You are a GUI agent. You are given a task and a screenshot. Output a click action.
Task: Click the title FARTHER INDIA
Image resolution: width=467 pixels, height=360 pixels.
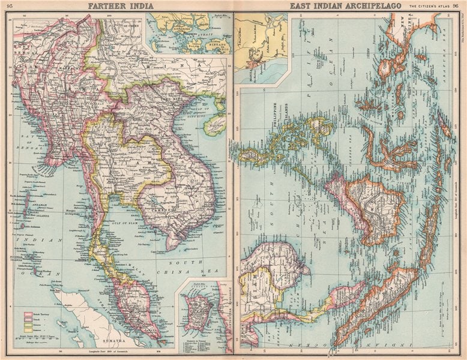coord(120,6)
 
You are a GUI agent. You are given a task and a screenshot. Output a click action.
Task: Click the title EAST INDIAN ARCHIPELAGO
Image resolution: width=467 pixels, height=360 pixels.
coord(345,6)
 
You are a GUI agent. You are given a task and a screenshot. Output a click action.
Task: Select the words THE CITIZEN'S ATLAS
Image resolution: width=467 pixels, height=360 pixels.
coord(430,6)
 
